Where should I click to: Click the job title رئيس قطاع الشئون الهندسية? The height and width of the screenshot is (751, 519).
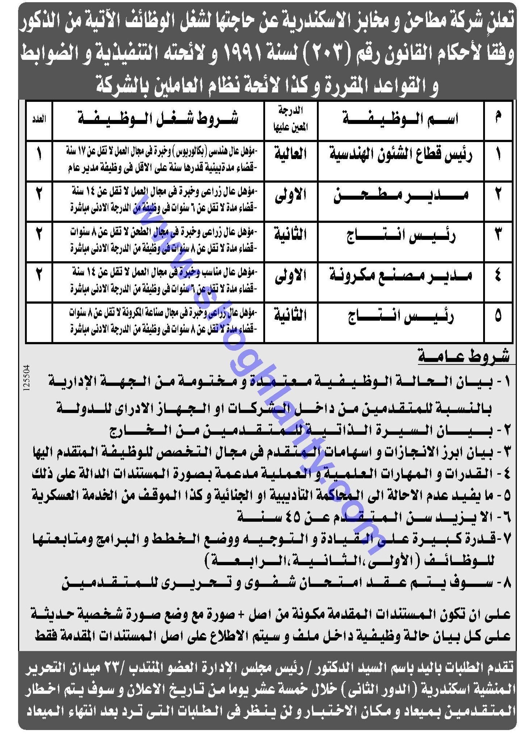[x=401, y=155]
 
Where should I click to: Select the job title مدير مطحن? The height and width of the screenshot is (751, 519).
[x=401, y=196]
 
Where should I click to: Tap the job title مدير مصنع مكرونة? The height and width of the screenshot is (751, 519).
[x=401, y=276]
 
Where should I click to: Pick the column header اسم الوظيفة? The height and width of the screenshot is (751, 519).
[x=401, y=120]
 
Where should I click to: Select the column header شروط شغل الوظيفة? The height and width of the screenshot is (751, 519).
[x=158, y=120]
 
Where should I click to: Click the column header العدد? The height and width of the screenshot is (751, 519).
[x=39, y=120]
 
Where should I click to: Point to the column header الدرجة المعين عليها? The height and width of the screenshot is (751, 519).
[x=290, y=120]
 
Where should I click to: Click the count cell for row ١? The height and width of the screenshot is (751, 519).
[x=39, y=155]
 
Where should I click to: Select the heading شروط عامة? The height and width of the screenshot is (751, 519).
[x=464, y=357]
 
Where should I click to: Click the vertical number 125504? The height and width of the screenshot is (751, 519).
[x=25, y=379]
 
